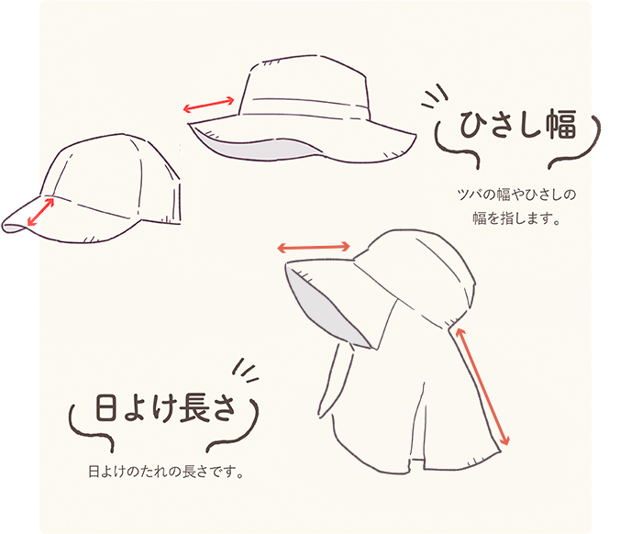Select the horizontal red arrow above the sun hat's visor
tap(315, 247)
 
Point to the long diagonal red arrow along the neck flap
tap(481, 385)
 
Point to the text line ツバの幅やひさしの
tap(514, 195)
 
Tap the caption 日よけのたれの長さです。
tap(165, 473)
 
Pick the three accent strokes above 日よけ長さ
tap(244, 369)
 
